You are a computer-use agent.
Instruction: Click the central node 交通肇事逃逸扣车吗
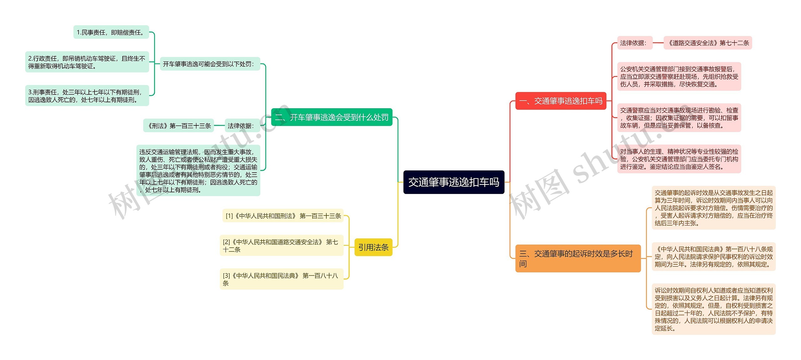coord(454,182)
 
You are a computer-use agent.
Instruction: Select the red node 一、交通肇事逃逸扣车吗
coord(560,101)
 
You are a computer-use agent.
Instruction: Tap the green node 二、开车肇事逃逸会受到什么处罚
coord(331,117)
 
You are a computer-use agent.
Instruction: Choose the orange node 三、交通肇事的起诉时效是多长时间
coord(578,258)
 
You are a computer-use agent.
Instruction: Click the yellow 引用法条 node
coord(373,247)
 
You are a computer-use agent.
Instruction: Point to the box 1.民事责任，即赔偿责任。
coord(111,32)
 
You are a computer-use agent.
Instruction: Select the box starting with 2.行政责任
coord(87,62)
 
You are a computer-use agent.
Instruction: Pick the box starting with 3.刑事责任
coord(87,96)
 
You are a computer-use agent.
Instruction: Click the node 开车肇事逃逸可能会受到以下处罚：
coord(210,64)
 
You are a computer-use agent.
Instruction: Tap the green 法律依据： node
coord(242,126)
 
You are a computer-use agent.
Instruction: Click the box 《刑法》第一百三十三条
coord(179,126)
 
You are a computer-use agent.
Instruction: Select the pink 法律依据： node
coord(634,43)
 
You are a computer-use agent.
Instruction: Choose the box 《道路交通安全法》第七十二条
coord(707,43)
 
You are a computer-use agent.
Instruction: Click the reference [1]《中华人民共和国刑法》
coord(283,216)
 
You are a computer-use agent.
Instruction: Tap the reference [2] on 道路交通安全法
coord(281,246)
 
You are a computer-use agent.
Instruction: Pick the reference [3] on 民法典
coord(281,279)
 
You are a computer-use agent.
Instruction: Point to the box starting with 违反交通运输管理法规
coord(198,170)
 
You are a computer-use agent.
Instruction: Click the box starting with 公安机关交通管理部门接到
coord(679,77)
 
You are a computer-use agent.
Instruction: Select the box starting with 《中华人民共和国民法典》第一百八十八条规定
coord(713,256)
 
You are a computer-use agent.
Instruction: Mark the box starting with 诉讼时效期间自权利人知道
coord(713,309)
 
